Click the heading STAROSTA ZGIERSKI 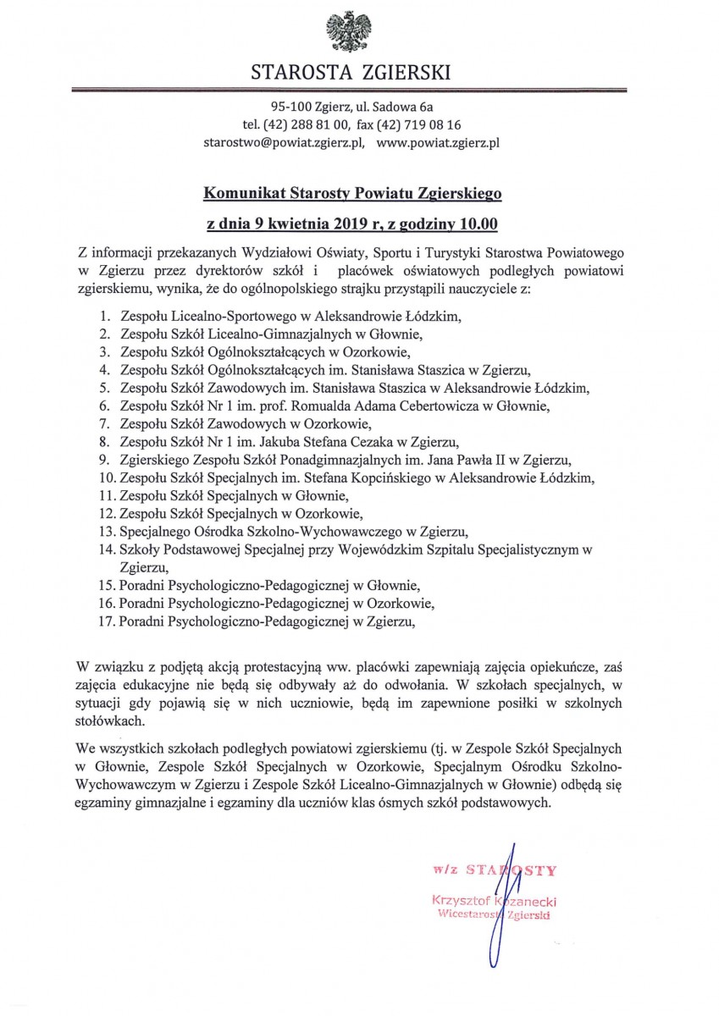click(351, 73)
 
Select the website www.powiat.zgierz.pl click(438, 143)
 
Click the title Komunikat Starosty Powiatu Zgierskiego click(352, 194)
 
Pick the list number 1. click(104, 316)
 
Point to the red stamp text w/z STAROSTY click(494, 869)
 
